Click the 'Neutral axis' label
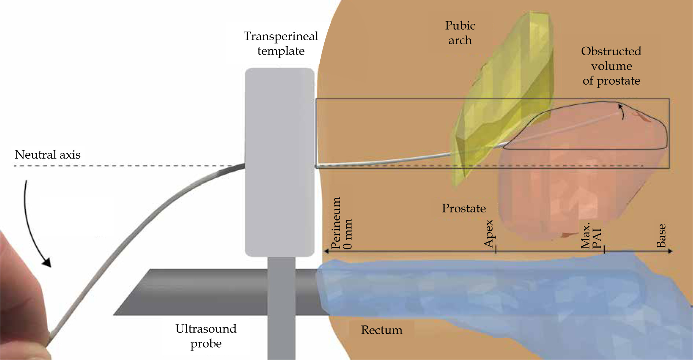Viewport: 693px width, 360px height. (x=48, y=155)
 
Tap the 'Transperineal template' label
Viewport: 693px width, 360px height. (x=281, y=44)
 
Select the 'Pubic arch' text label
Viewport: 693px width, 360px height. (x=460, y=33)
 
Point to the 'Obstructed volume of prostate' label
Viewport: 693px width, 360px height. (x=611, y=66)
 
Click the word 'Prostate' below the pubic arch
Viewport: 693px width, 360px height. (x=464, y=208)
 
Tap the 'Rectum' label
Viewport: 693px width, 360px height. (x=381, y=330)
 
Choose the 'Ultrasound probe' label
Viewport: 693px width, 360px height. (x=206, y=336)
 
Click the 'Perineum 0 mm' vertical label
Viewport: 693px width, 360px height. (x=342, y=223)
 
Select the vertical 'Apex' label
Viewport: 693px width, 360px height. (x=489, y=234)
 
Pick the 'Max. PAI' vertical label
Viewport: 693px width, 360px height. (x=591, y=235)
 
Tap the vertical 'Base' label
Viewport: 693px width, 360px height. (x=661, y=236)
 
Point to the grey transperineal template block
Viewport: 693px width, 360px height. (x=280, y=161)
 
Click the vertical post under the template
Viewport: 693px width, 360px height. (x=281, y=308)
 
